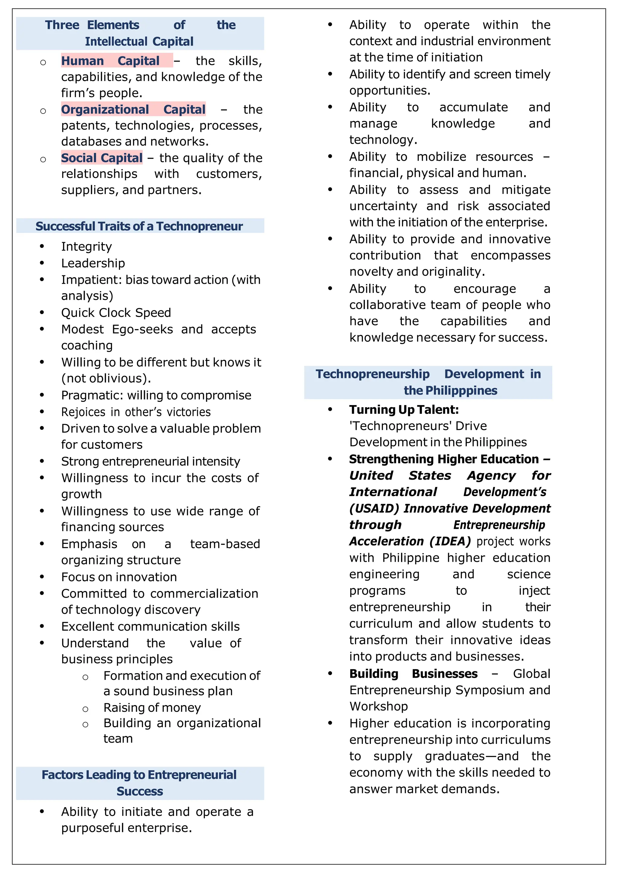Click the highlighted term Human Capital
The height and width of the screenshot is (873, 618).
[110, 61]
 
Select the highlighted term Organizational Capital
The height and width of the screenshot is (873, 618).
[133, 110]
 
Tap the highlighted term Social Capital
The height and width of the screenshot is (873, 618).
[102, 158]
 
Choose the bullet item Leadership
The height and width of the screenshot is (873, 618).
[93, 263]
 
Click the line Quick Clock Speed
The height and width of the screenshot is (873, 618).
[116, 312]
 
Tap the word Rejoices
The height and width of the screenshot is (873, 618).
[83, 412]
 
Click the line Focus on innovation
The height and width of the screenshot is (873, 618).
[119, 577]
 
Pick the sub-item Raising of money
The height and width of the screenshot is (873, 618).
[152, 707]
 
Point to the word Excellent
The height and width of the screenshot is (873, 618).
[90, 626]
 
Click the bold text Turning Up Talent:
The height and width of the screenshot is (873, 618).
[404, 410]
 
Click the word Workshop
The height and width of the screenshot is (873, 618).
[379, 706]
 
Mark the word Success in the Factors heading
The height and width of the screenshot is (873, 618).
[140, 791]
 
